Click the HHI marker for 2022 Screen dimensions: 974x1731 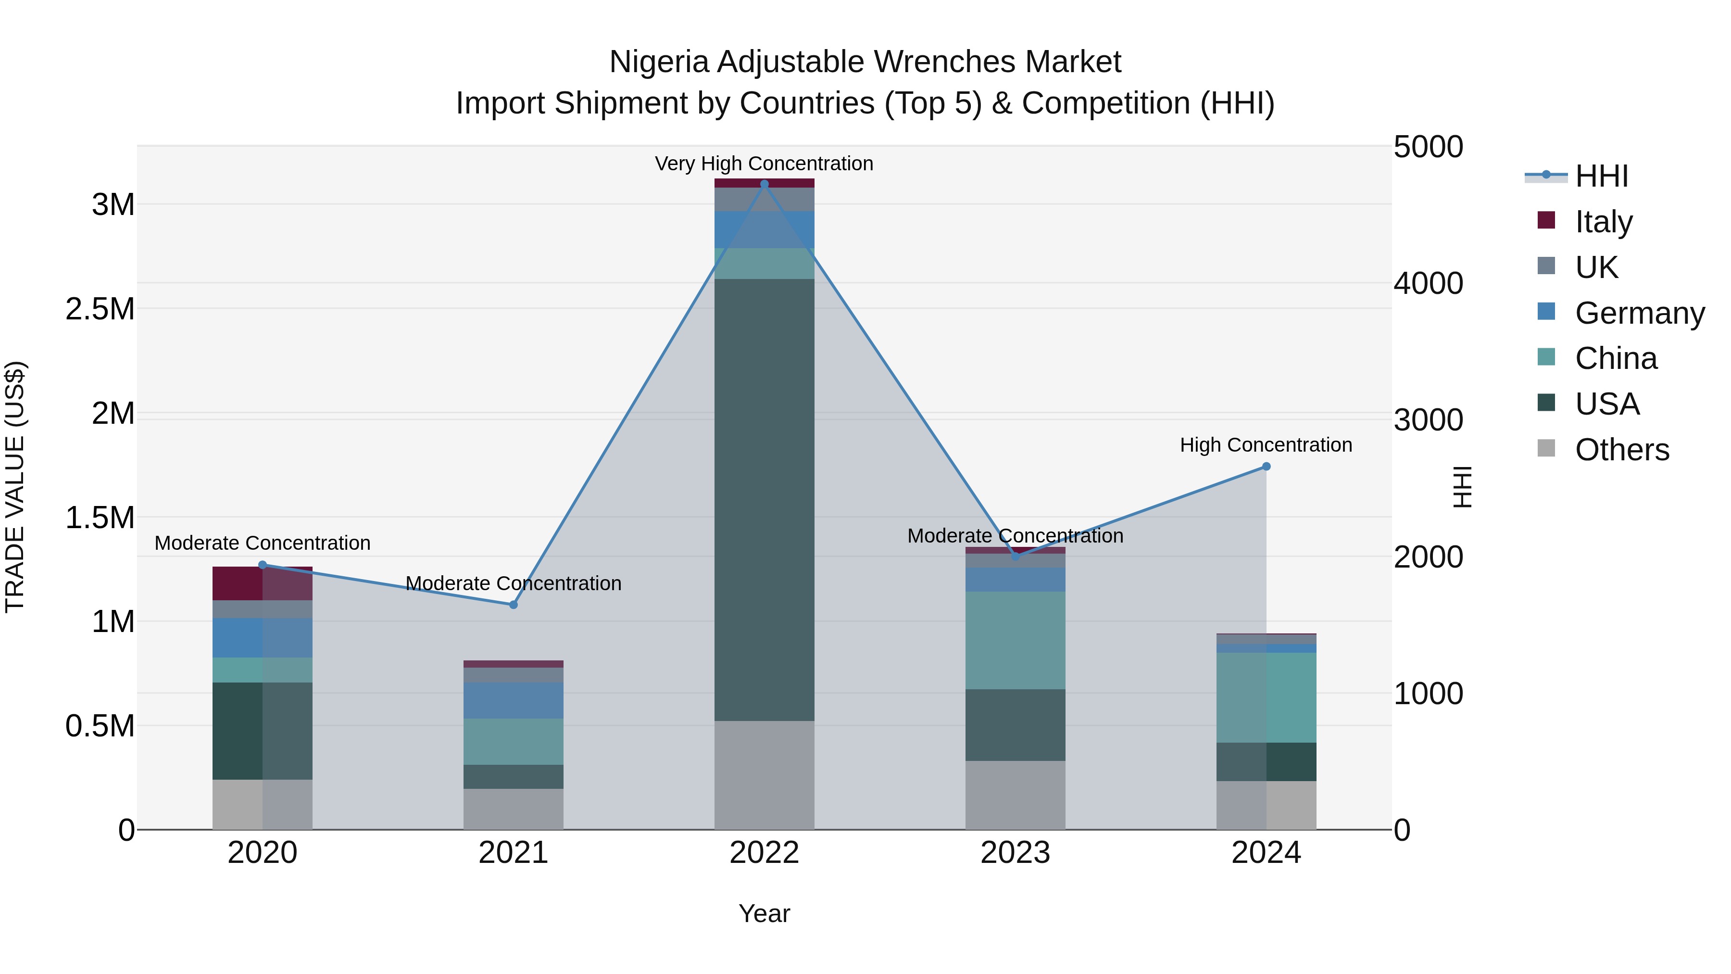coord(764,184)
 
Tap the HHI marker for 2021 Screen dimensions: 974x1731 coord(514,604)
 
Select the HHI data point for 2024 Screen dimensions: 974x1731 coord(1266,467)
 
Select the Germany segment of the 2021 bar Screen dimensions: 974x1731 coord(514,700)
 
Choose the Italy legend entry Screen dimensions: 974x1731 coord(1603,222)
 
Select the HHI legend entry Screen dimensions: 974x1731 coord(1601,176)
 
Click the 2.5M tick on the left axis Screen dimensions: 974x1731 coord(100,309)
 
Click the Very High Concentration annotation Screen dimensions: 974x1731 coord(764,164)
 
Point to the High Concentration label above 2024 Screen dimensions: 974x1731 coord(1266,445)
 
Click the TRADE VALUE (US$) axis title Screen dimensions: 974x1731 coord(15,487)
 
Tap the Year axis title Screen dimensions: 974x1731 coord(764,913)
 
